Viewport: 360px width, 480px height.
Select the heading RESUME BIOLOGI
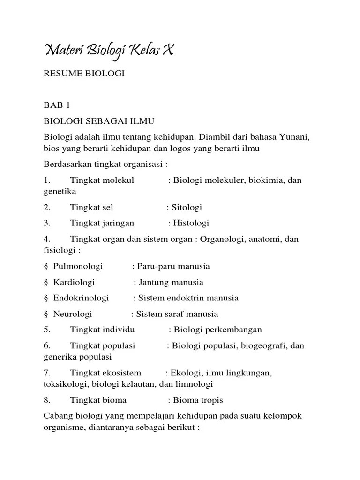[x=84, y=74]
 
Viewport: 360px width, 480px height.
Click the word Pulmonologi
[x=78, y=266]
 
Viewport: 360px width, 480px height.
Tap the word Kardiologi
[x=74, y=282]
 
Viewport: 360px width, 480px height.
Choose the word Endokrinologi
[x=81, y=298]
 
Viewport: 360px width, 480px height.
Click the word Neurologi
[x=73, y=314]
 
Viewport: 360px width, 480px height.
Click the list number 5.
[x=47, y=330]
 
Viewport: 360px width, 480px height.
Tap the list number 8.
[x=47, y=400]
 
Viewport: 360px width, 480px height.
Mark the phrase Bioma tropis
[x=198, y=400]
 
